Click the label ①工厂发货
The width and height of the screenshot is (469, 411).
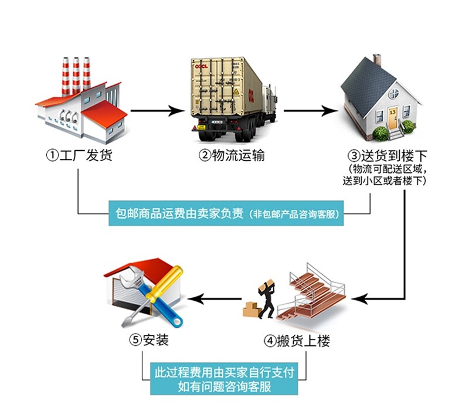[79, 155]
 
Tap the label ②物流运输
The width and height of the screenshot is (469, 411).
[232, 155]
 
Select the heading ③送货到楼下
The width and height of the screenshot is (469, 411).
[388, 155]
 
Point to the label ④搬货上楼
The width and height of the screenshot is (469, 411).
[297, 341]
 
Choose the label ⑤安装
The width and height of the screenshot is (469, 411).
[149, 340]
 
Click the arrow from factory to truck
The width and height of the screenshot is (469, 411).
[158, 111]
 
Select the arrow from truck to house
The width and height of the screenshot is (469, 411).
[311, 111]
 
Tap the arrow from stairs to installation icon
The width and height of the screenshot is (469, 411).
[215, 298]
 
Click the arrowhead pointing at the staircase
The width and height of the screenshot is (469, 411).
[359, 298]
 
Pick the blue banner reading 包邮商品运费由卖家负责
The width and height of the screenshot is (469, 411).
[226, 213]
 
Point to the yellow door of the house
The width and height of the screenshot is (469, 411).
[392, 118]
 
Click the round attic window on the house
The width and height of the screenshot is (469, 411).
[393, 94]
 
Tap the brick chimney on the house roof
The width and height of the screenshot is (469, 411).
[377, 60]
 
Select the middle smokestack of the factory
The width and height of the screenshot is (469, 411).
[76, 75]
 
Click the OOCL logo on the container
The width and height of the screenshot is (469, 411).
[201, 66]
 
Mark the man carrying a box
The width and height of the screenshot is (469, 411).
[267, 299]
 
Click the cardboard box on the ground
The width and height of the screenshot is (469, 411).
[251, 310]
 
